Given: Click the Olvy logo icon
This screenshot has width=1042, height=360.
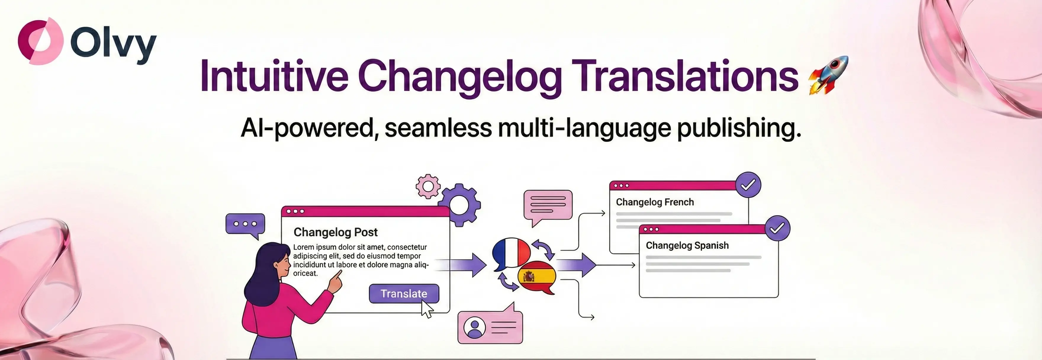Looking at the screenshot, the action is (x=41, y=41).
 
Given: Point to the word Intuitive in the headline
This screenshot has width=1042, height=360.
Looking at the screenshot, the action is (x=274, y=75).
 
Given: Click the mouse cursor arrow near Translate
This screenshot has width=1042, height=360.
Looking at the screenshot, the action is (x=427, y=309).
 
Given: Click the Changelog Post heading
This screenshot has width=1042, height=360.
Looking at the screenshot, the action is (x=335, y=232).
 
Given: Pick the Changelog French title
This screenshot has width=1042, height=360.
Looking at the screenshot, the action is (x=655, y=202).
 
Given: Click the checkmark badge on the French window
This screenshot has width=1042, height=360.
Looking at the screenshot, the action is (x=748, y=185).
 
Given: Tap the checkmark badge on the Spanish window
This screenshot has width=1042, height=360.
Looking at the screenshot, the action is (x=777, y=229).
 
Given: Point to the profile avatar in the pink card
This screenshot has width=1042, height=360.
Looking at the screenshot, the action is (x=475, y=328).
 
